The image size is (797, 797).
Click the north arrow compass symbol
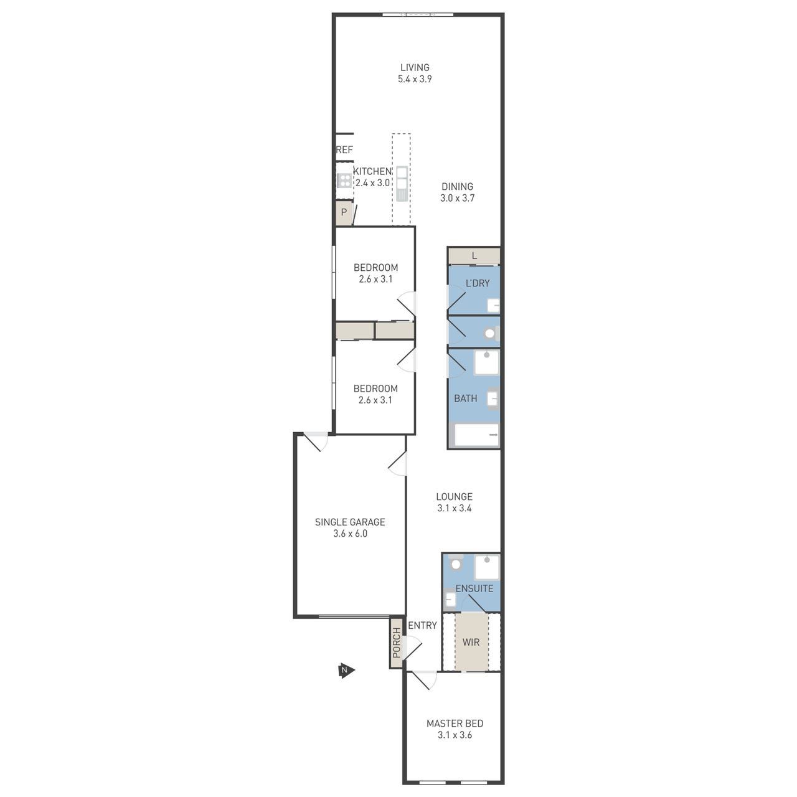[x=346, y=671]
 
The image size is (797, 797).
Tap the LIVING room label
[x=415, y=67]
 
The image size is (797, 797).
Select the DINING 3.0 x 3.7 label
[x=457, y=192]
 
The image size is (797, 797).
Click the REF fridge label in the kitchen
[x=344, y=149]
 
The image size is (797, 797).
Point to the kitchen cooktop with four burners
[x=344, y=181]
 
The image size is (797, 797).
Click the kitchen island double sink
[x=402, y=184]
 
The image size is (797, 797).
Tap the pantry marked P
[x=344, y=213]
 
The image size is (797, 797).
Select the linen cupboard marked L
[x=474, y=256]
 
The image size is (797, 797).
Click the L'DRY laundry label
[x=478, y=283]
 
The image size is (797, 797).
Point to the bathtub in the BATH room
[x=476, y=435]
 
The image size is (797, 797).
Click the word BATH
[x=465, y=398]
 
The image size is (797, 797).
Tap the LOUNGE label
[x=454, y=496]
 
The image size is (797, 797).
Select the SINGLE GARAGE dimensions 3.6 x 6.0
[x=350, y=534]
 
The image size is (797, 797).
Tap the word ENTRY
[x=422, y=625]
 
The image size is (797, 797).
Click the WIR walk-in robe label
[x=471, y=643]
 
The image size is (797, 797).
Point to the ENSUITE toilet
[x=455, y=564]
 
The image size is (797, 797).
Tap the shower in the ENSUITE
[x=487, y=567]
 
